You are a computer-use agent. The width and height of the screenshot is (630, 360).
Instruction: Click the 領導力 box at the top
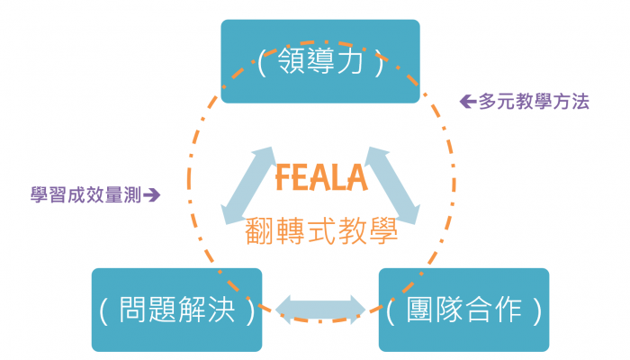point(319,61)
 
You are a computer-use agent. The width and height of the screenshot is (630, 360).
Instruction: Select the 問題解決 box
point(176,310)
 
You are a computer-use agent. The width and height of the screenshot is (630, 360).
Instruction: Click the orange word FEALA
point(321,178)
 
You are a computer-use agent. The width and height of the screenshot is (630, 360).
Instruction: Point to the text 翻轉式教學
point(321,231)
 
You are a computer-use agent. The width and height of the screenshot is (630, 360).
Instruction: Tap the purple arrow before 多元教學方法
point(468,102)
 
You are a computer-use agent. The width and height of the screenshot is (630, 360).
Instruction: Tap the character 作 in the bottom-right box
point(508,311)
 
